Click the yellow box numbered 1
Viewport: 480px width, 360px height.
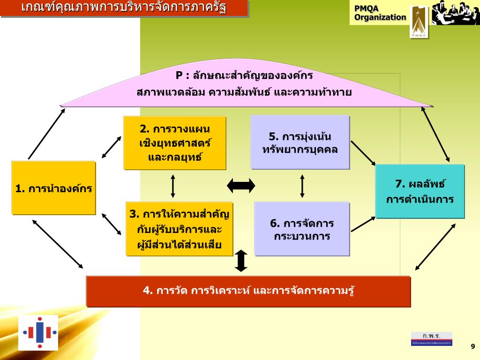[53, 188]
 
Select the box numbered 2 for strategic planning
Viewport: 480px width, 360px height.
[175, 143]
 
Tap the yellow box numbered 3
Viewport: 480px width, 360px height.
[180, 229]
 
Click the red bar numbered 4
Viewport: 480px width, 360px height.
[248, 291]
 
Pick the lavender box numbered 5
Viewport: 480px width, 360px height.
[300, 142]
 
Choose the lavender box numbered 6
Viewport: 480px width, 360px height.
[302, 229]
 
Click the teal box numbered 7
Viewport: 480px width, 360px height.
[420, 191]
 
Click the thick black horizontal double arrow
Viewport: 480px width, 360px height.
[241, 186]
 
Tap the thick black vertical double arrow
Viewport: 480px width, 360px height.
[241, 261]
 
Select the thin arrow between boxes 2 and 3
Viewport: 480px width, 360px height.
[173, 186]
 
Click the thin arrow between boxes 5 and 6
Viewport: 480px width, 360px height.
[302, 186]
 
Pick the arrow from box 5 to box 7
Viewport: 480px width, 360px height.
[363, 153]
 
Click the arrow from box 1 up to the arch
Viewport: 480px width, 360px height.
[46, 134]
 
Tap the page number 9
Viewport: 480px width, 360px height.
[472, 346]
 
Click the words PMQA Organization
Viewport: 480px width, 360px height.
[380, 13]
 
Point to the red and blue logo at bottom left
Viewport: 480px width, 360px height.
[39, 333]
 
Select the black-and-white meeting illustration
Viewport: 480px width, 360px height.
[455, 13]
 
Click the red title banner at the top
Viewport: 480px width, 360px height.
[124, 8]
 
